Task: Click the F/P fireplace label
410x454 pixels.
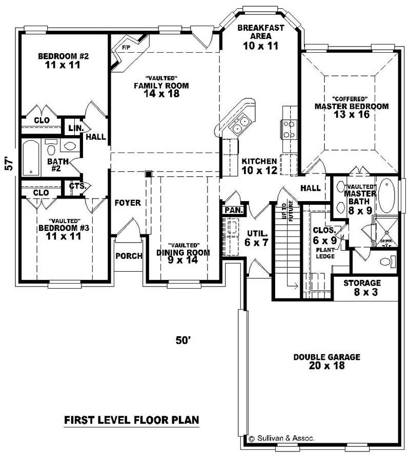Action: [x=126, y=48]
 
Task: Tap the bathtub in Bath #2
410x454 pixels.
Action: [x=31, y=158]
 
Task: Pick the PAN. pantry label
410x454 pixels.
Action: [x=234, y=210]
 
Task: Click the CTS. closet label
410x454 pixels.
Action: [x=79, y=186]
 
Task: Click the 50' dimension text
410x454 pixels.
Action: [x=183, y=340]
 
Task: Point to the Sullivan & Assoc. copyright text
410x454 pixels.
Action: [x=281, y=438]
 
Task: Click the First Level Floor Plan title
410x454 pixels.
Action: [x=131, y=420]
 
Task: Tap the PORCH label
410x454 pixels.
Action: [x=128, y=256]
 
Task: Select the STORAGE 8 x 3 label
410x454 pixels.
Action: [x=362, y=287]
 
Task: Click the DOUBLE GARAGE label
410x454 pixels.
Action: [x=326, y=361]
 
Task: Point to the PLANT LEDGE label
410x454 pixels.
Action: [x=325, y=253]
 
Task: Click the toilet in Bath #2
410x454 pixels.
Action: [x=51, y=149]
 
